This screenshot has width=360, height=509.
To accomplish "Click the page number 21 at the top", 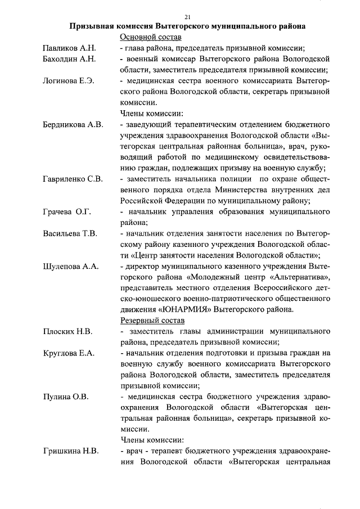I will pos(187,16).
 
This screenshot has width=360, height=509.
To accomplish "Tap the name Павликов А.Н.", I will pos(70,48).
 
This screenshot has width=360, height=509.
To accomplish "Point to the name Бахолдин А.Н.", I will pos(70,58).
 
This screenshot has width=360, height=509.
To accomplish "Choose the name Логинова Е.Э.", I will pos(69,81).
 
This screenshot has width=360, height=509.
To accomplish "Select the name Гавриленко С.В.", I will pos(73,179).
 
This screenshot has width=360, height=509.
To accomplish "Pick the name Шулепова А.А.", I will pos(71,266).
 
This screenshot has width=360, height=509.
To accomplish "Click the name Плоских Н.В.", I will pos(67,331).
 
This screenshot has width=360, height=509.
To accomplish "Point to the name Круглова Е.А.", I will pos(69,353).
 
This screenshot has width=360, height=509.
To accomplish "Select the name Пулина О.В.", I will pos(65,397).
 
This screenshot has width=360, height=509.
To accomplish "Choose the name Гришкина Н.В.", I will pos(71,451).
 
